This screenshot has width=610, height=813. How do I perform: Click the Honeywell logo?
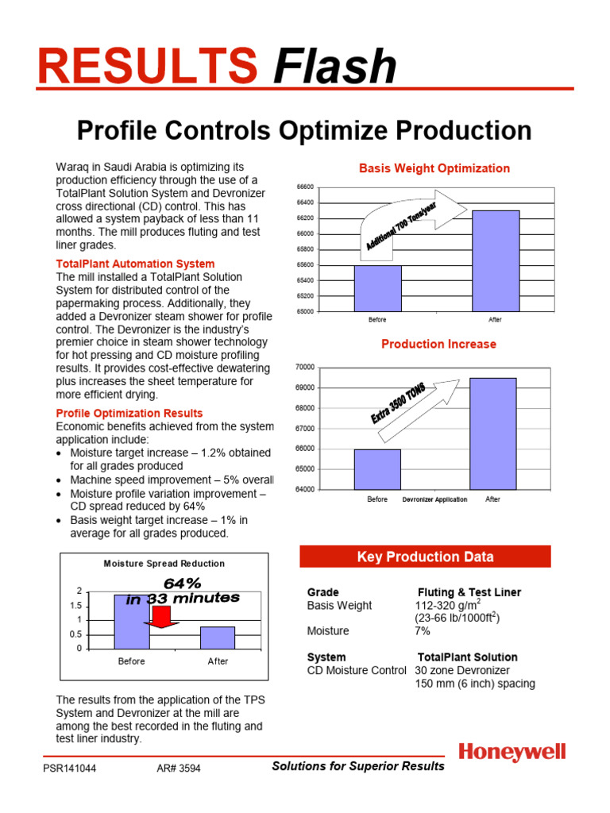(x=512, y=752)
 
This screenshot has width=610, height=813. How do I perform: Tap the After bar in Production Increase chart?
(x=492, y=433)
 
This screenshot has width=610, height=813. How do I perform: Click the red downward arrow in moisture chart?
(x=162, y=617)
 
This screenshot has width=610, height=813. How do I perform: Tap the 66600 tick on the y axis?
(x=304, y=187)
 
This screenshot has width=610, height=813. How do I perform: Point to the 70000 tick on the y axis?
(x=304, y=367)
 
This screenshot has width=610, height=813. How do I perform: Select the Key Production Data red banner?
(x=425, y=557)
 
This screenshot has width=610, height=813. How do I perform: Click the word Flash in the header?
(x=334, y=67)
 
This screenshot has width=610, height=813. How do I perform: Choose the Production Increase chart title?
(x=438, y=344)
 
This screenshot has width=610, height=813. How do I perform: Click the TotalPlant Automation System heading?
(x=135, y=264)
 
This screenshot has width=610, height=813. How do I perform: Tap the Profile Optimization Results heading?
(x=129, y=413)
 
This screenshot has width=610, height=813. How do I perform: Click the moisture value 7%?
(x=422, y=630)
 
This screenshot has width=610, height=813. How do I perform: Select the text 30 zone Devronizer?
(x=464, y=670)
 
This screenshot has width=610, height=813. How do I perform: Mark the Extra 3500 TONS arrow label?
(x=398, y=403)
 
